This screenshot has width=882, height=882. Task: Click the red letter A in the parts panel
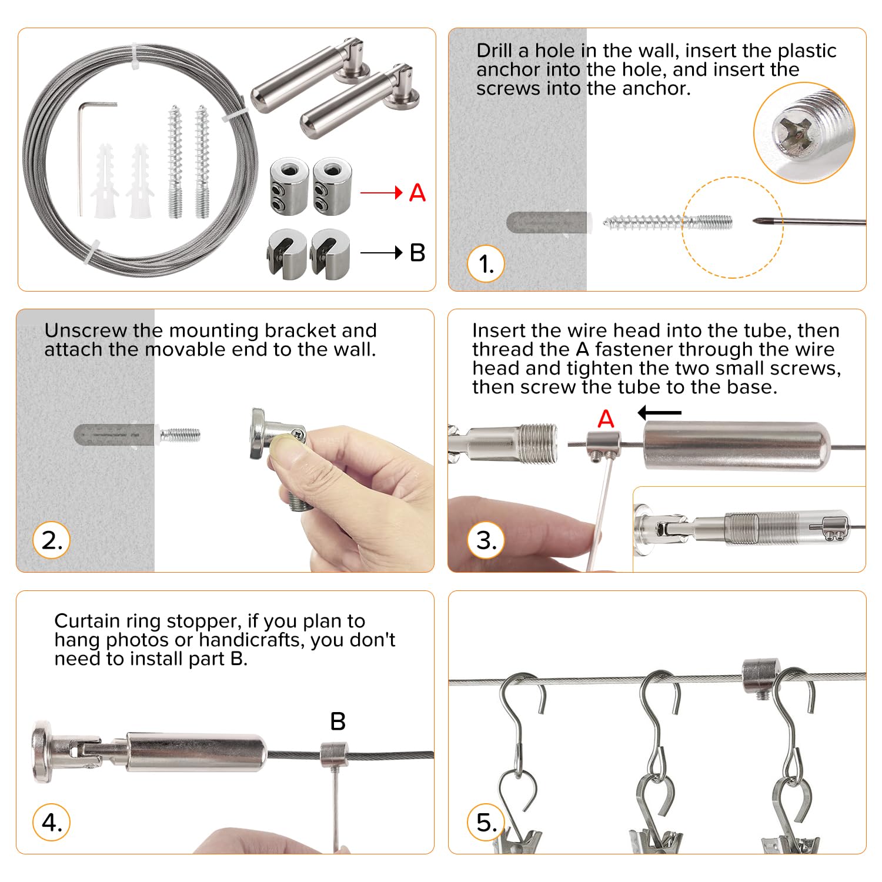pyautogui.click(x=417, y=192)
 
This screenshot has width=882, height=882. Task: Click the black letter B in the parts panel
pyautogui.click(x=417, y=253)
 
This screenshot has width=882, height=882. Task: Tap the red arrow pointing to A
pyautogui.click(x=382, y=192)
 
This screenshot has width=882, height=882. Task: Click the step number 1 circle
pyautogui.click(x=486, y=264)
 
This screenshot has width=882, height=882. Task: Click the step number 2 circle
pyautogui.click(x=52, y=540)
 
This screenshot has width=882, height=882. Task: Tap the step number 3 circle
pyautogui.click(x=486, y=540)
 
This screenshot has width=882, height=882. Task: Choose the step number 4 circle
pyautogui.click(x=52, y=822)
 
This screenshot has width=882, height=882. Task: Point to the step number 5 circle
pyautogui.click(x=486, y=822)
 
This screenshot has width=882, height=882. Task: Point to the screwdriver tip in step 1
pyautogui.click(x=755, y=221)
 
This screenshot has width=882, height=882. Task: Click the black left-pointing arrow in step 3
pyautogui.click(x=660, y=413)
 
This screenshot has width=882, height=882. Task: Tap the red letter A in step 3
pyautogui.click(x=606, y=419)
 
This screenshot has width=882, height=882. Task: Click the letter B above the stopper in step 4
pyautogui.click(x=338, y=721)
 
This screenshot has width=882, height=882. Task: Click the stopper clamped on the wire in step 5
pyautogui.click(x=761, y=677)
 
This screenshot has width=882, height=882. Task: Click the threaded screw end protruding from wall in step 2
pyautogui.click(x=180, y=436)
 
